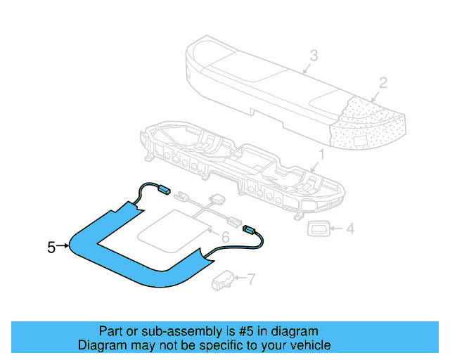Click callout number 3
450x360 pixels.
pos(314,55)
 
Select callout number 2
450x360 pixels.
pos(382,83)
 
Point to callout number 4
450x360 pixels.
pos(350,229)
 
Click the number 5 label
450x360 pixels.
pos(51,247)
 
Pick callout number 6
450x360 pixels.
pos(226,238)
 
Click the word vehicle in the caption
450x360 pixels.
pos(307,345)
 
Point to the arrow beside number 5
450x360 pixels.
pos(64,246)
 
